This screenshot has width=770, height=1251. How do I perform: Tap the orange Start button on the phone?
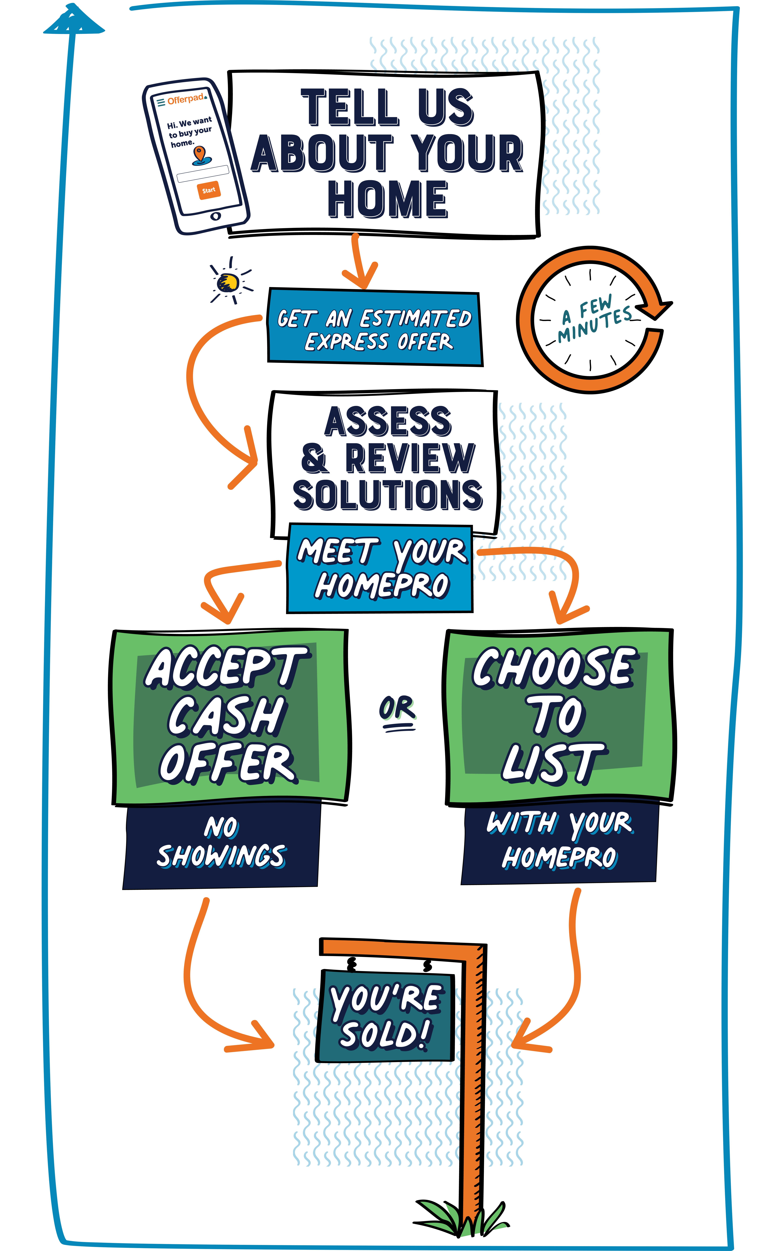(x=208, y=190)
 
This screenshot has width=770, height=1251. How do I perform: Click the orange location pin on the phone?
(x=200, y=154)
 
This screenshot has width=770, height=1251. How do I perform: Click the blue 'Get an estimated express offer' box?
(x=375, y=329)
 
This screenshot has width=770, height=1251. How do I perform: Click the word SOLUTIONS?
(x=387, y=495)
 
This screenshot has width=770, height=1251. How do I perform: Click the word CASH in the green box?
(x=227, y=716)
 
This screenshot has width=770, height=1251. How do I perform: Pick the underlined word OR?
(x=397, y=709)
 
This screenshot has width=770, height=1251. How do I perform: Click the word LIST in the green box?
(x=553, y=763)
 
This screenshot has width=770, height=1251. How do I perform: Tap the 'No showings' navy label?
(x=222, y=843)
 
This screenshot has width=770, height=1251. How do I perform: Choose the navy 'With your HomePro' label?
(x=559, y=840)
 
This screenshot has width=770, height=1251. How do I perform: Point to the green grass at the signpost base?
(x=458, y=1220)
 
